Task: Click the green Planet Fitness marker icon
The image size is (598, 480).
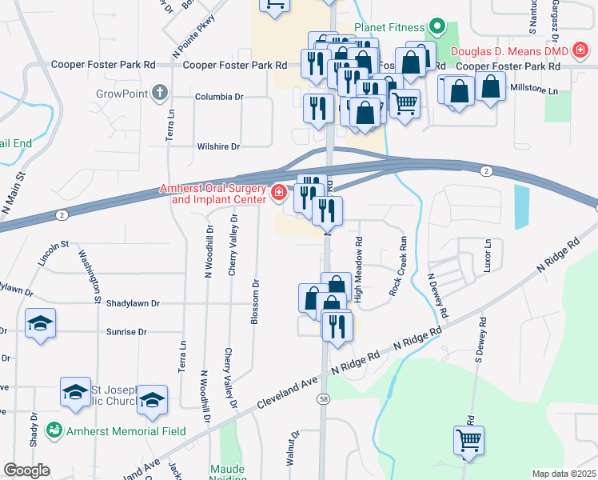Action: tap(437, 26)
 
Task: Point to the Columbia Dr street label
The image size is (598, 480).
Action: tap(218, 97)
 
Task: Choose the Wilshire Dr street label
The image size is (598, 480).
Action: tap(218, 147)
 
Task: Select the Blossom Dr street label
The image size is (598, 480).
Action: tap(255, 302)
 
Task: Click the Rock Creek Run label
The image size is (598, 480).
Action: tap(398, 266)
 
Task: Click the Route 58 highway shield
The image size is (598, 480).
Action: tap(323, 398)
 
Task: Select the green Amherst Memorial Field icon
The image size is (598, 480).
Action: tap(54, 430)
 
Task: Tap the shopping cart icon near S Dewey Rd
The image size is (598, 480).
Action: tap(468, 438)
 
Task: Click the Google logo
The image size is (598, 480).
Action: tap(26, 470)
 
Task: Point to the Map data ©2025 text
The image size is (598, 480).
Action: tap(564, 474)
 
